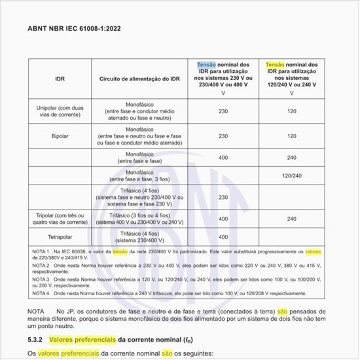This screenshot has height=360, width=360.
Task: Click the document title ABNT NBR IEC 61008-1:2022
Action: (x=73, y=29)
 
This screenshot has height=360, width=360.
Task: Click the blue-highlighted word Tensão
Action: (x=206, y=65)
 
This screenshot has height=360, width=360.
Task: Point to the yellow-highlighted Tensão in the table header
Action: (x=275, y=65)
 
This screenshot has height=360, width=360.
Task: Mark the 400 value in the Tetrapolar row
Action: (x=223, y=236)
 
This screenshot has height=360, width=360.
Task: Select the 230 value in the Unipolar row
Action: (x=223, y=112)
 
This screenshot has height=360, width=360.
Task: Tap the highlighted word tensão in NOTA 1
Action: (x=120, y=251)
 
